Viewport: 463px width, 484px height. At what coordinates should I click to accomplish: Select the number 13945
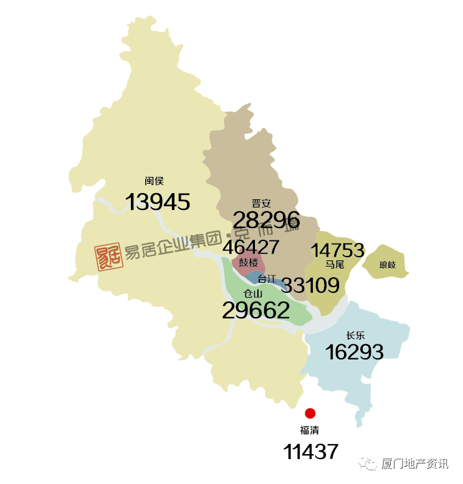pos(158,202)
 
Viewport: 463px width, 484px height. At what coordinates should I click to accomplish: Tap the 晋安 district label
pos(260,203)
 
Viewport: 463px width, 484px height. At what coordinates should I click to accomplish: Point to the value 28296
pos(266,220)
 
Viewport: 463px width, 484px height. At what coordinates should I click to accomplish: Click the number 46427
pos(251,247)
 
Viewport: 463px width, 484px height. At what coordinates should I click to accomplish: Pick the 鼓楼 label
pos(248,263)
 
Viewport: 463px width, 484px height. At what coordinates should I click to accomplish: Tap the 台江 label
pos(266,278)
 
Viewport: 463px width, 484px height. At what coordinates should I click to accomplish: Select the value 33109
pos(310,286)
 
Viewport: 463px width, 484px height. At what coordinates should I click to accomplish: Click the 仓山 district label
pos(252,293)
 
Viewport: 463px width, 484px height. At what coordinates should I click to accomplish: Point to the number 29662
pos(256,310)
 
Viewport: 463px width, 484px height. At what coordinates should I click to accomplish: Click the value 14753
pos(337,250)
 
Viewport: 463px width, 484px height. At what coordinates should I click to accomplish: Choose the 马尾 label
pos(334,265)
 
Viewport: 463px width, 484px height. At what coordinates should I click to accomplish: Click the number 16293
pos(354,352)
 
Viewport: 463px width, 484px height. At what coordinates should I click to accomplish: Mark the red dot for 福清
pos(310,413)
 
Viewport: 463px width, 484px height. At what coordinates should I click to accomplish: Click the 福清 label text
pos(310,430)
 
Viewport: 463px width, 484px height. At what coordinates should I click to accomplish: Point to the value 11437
pos(311,452)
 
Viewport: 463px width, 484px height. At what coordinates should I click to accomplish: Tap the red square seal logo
pos(108,256)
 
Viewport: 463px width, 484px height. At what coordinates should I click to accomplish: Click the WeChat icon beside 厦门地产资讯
pos(372,464)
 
